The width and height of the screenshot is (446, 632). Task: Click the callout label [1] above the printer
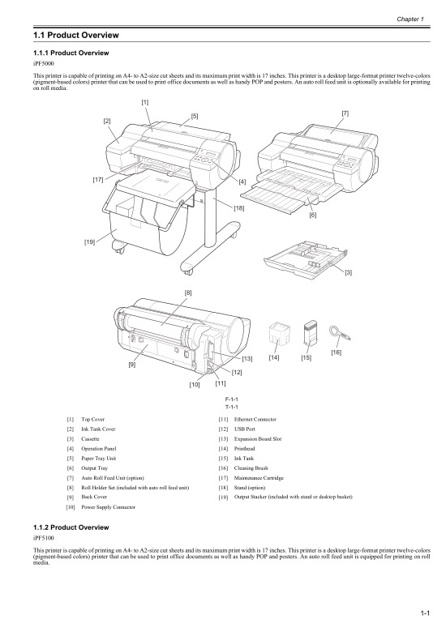click(x=144, y=102)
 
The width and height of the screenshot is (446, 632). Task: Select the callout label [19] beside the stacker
click(x=89, y=241)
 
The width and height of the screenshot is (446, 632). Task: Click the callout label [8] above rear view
click(x=188, y=291)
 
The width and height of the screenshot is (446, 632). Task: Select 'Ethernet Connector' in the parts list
click(x=253, y=420)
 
